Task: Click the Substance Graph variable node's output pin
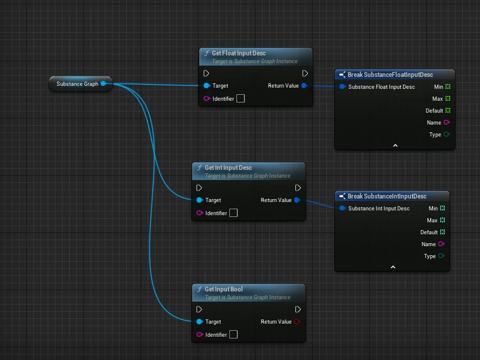point(103,84)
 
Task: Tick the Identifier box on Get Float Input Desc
point(241,98)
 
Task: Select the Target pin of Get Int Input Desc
point(200,200)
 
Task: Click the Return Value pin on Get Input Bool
point(297,322)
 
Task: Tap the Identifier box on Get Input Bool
point(233,334)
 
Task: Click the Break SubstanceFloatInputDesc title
point(390,75)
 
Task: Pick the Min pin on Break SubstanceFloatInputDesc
point(448,86)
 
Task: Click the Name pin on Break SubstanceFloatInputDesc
point(447,122)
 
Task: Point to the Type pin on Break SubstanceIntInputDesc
point(441,256)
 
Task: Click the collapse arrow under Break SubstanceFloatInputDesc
point(395,145)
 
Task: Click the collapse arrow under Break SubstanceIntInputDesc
point(392,267)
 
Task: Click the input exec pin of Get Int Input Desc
point(199,188)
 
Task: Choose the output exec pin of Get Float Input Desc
point(305,73)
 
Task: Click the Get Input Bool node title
point(223,289)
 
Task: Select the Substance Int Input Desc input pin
point(342,209)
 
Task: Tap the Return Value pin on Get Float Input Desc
point(304,86)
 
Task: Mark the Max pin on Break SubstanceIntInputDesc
point(442,221)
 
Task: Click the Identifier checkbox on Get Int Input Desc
point(233,213)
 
